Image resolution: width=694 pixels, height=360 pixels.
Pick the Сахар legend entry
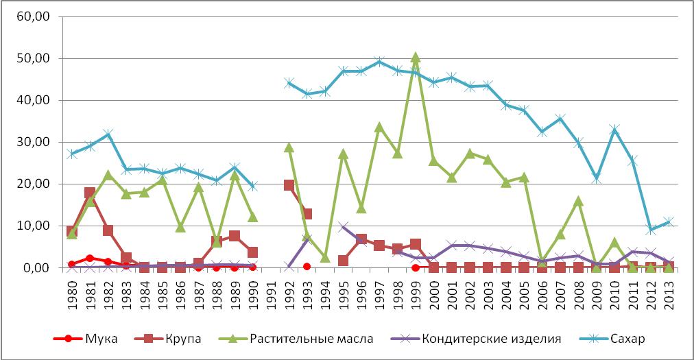[x=626, y=338]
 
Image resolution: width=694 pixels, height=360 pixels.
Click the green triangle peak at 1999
[x=416, y=58]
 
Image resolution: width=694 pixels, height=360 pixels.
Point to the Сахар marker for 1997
[x=379, y=62]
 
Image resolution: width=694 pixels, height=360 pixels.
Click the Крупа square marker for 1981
[x=90, y=193]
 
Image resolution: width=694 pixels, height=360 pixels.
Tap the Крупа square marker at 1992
[x=289, y=185]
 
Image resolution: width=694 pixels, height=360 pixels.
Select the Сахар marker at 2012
[x=651, y=230]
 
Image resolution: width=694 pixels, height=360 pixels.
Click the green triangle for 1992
[x=289, y=147]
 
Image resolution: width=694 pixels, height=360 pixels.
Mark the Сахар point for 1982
[x=108, y=134]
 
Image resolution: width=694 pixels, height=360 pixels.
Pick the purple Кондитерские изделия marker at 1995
[x=344, y=227]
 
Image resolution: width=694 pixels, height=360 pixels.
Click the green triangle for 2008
[x=579, y=201]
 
